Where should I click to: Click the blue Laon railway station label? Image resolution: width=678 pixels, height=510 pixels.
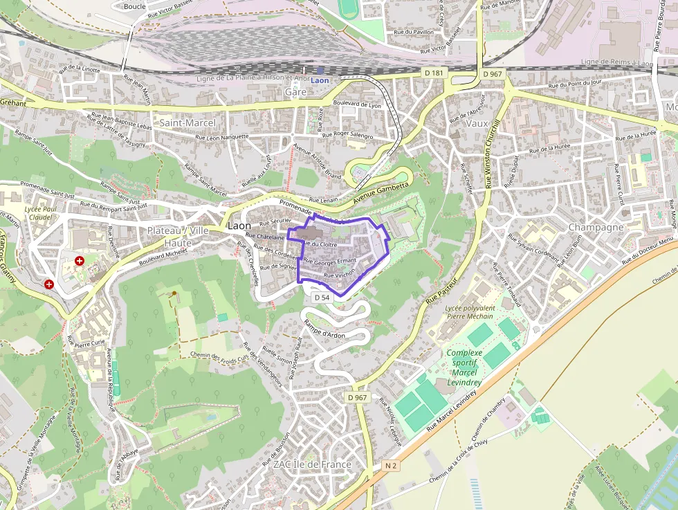[320, 80]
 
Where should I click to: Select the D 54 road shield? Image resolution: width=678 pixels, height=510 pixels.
[321, 297]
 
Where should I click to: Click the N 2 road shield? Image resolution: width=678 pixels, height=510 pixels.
[391, 466]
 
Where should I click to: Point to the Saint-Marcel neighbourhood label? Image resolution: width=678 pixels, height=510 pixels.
[188, 122]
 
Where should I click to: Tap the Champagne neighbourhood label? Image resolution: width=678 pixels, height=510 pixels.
[596, 227]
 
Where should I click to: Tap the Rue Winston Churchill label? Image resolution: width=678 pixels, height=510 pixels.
[492, 152]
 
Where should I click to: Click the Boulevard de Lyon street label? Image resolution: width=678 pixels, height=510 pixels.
[356, 104]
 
